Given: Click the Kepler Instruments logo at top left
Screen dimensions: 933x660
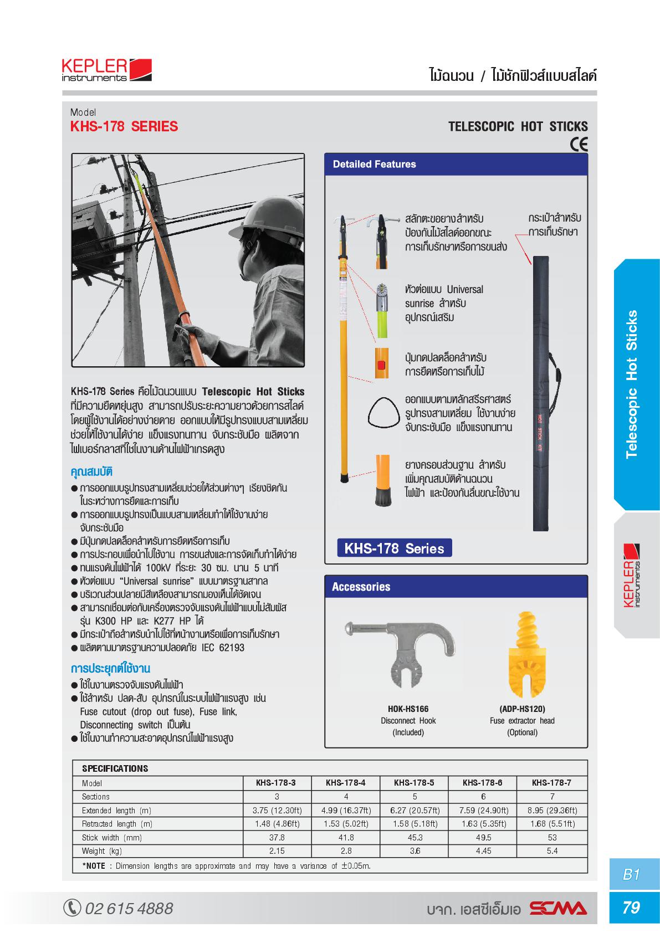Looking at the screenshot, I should tap(106, 71).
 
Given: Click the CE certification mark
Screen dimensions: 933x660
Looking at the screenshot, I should tap(579, 145).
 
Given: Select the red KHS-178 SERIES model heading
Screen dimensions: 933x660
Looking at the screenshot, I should tap(124, 126).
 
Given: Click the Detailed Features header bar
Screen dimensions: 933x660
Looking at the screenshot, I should tap(456, 164).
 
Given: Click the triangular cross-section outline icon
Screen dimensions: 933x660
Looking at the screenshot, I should tap(383, 413).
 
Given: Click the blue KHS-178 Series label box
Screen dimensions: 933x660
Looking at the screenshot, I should tap(395, 548).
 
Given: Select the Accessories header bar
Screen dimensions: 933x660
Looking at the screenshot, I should tap(456, 587).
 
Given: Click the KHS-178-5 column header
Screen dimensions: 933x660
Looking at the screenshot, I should tap(413, 783).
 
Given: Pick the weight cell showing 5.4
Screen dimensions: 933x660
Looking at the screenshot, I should tap(552, 850).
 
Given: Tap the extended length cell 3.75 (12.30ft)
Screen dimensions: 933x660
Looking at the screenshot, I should tap(277, 810).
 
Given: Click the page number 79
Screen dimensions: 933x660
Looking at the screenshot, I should tap(632, 908).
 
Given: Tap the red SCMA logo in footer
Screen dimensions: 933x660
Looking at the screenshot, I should tap(557, 909).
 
